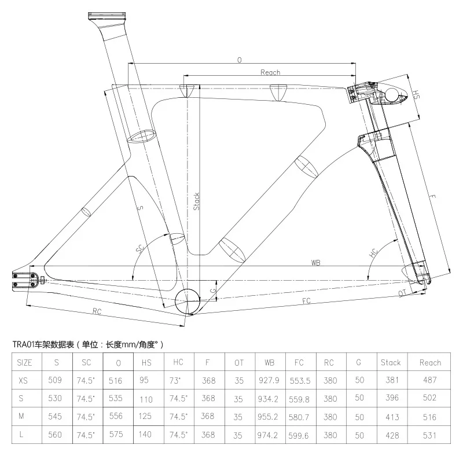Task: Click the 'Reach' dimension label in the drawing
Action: click(x=270, y=72)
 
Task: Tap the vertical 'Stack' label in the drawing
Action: click(x=196, y=201)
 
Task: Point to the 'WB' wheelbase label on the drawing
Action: click(x=315, y=262)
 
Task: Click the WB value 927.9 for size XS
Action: click(x=269, y=381)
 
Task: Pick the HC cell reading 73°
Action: click(x=178, y=381)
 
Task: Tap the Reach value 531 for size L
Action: click(x=429, y=434)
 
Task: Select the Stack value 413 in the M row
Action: click(x=391, y=416)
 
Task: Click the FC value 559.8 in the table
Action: click(x=299, y=398)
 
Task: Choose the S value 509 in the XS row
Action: click(x=56, y=381)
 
